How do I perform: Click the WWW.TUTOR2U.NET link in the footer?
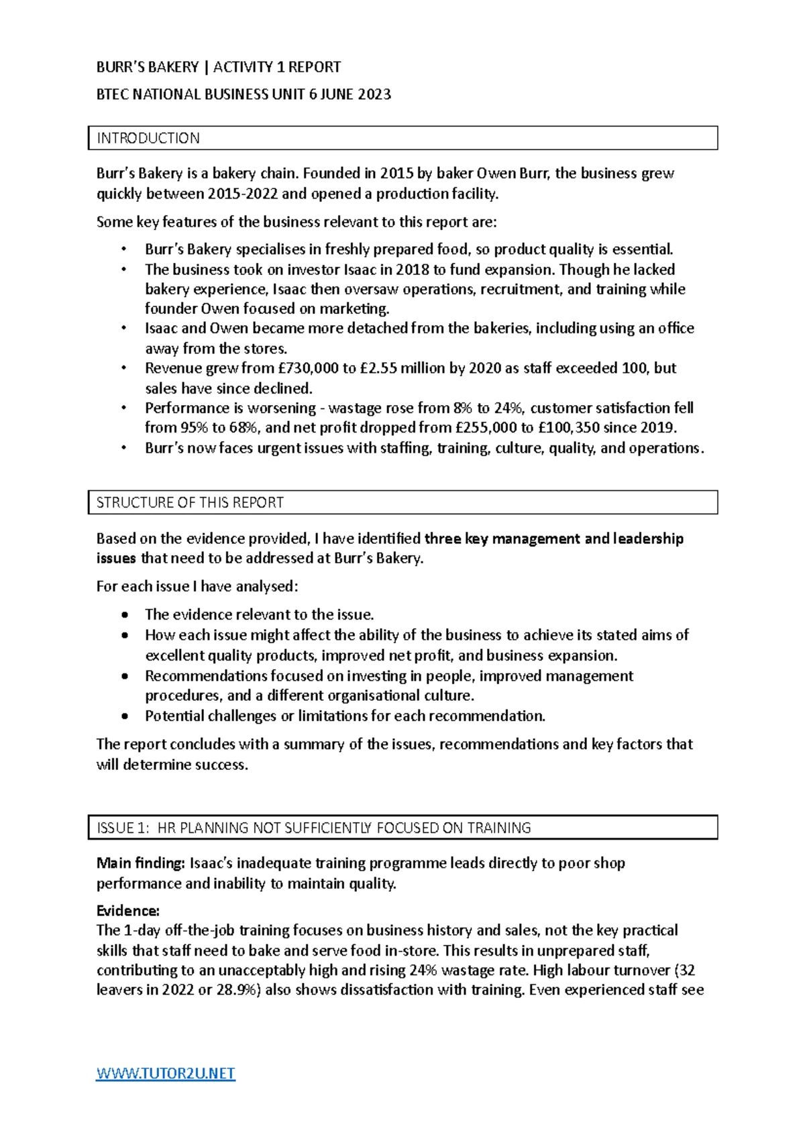[166, 1074]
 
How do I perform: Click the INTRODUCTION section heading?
[148, 138]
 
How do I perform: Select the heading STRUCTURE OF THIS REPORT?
[190, 502]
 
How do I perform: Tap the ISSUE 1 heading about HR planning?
[314, 828]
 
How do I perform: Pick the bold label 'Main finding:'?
[141, 863]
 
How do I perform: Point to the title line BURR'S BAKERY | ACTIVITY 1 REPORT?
[219, 67]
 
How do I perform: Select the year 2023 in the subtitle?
[374, 95]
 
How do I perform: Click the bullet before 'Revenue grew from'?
[124, 368]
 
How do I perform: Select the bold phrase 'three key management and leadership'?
[554, 538]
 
